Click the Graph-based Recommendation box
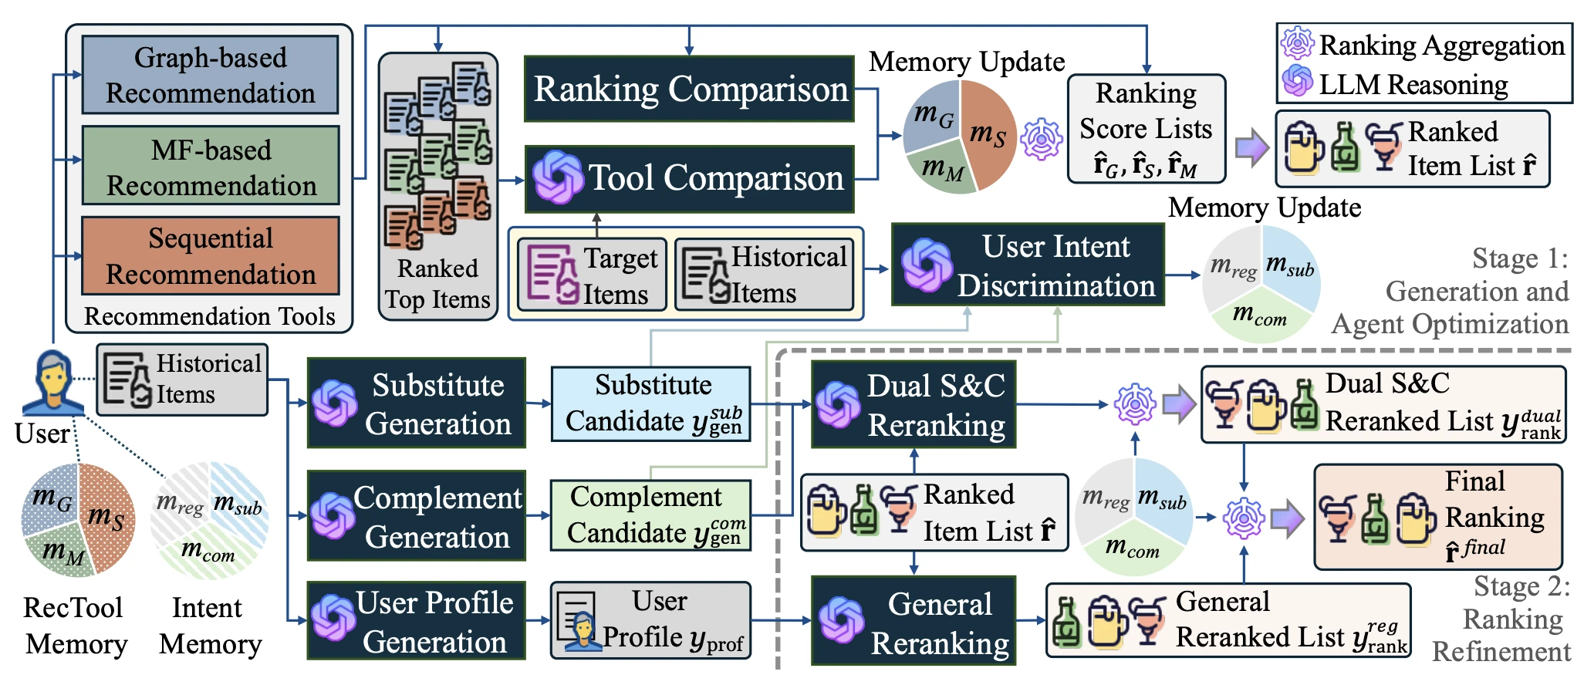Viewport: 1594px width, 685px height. click(x=210, y=75)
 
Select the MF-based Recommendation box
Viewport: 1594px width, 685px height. click(x=210, y=166)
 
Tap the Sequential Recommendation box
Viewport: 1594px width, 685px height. click(x=210, y=255)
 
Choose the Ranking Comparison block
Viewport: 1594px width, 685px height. click(x=689, y=89)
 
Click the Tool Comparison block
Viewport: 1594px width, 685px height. click(x=689, y=179)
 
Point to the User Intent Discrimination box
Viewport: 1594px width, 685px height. click(x=1028, y=265)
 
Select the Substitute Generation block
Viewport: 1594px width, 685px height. click(x=417, y=403)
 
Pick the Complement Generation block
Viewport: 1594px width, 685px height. click(x=417, y=515)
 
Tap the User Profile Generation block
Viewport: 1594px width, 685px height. click(x=417, y=620)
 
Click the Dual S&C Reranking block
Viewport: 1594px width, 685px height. click(x=914, y=404)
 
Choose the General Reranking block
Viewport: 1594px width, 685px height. click(x=914, y=620)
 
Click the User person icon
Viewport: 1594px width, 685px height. click(x=52, y=383)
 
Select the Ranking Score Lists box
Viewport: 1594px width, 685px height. click(x=1147, y=129)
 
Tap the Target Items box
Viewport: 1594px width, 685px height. click(x=592, y=275)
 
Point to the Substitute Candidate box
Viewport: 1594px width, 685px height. click(x=651, y=403)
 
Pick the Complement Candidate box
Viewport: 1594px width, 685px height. click(x=651, y=515)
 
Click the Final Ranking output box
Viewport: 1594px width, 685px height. click(x=1438, y=517)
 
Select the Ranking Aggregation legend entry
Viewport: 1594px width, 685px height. click(x=1423, y=45)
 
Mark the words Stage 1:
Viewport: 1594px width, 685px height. click(x=1520, y=258)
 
